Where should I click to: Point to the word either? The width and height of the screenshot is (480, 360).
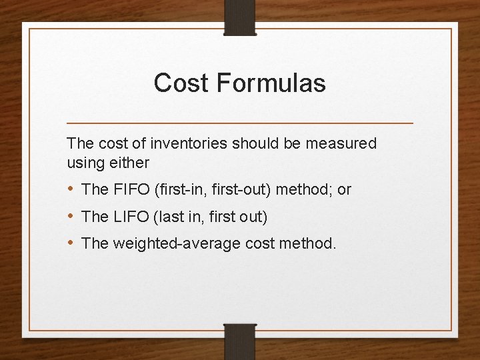[x=131, y=162]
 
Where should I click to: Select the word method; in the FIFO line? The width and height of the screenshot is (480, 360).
[x=304, y=189]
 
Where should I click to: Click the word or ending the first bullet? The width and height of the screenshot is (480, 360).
[x=344, y=189]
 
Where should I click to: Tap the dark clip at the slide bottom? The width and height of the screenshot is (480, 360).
[x=240, y=341]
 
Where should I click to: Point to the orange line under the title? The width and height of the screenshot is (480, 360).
[x=240, y=123]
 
